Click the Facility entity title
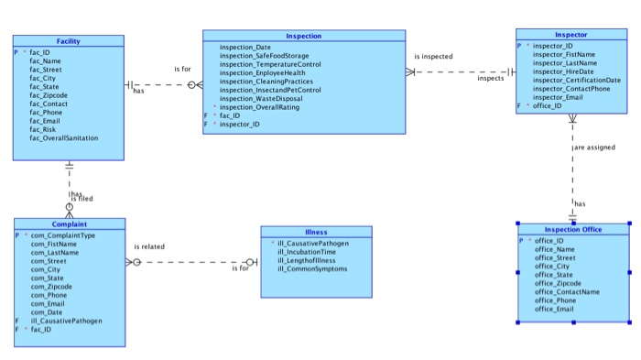point(68,41)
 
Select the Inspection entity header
point(303,36)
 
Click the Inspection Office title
point(573,229)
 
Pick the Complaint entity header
point(69,224)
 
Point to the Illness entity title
point(316,232)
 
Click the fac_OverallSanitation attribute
point(64,138)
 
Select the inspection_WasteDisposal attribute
point(262,99)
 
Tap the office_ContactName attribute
point(567,291)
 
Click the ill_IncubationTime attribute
point(307,252)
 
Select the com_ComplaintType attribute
point(63,235)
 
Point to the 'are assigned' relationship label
point(596,147)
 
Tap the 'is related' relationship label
point(149,246)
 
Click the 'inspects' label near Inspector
point(491,79)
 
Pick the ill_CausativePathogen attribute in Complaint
point(66,321)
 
